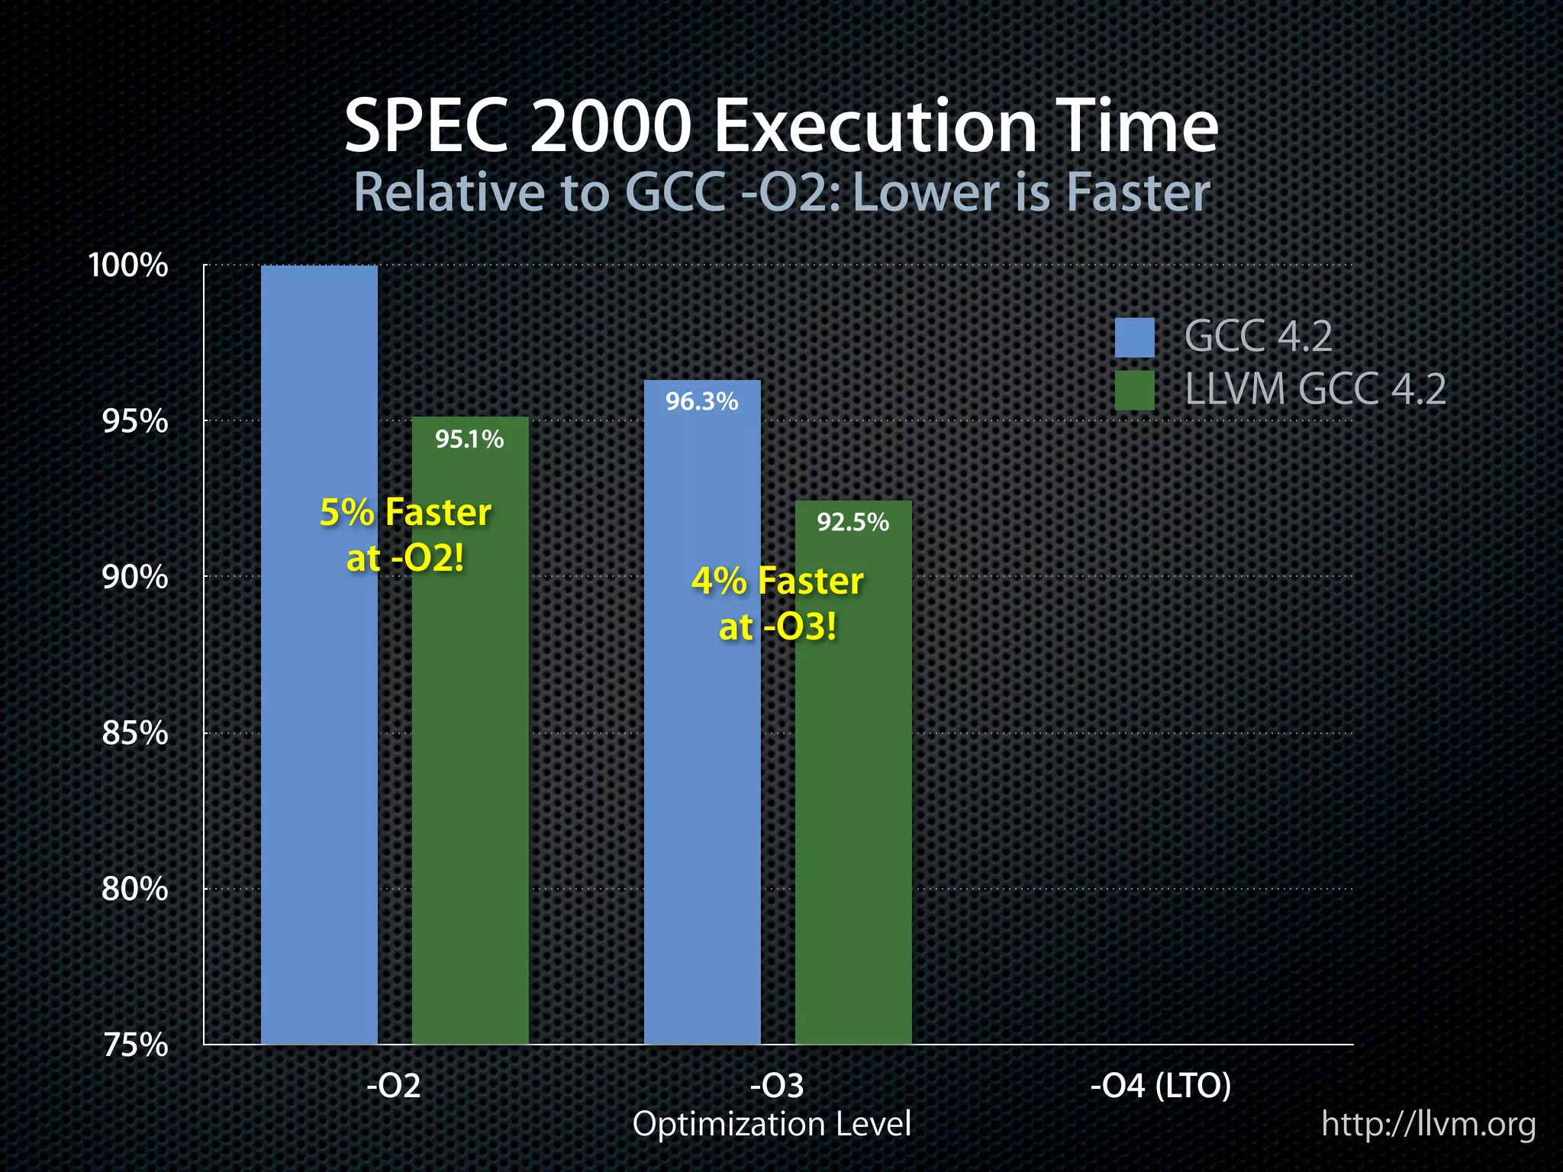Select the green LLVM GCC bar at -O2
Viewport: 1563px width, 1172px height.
pos(470,763)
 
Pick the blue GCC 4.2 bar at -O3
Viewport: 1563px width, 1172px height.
pos(702,763)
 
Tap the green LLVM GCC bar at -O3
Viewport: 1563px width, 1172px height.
pos(853,801)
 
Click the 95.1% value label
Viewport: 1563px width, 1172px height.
pos(469,439)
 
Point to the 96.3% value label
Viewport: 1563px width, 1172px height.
pos(701,401)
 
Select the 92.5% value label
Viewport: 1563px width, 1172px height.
pos(852,523)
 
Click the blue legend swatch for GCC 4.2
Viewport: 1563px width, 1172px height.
pos(1134,337)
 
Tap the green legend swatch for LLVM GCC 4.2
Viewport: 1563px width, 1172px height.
pos(1134,391)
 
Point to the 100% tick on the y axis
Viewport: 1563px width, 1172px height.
pos(128,266)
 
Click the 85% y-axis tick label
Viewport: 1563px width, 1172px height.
pos(134,733)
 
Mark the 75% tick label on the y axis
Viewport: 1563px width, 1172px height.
pos(134,1045)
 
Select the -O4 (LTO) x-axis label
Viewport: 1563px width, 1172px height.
pos(1160,1085)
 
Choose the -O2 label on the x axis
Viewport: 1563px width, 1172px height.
pos(394,1085)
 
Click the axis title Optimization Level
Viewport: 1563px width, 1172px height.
pos(772,1124)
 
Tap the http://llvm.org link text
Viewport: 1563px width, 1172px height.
pos(1428,1125)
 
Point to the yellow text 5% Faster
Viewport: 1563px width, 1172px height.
pos(405,512)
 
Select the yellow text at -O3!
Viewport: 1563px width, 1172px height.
pos(778,627)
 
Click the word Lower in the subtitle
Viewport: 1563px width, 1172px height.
pos(926,192)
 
